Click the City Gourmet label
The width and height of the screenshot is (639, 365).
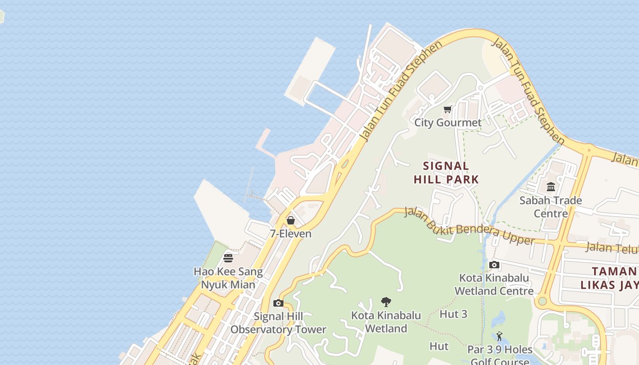tap(448, 123)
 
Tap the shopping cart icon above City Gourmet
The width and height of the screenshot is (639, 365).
tap(448, 109)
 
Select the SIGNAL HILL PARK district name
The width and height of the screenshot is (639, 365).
tap(446, 172)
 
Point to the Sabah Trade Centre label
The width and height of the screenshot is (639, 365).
tap(550, 207)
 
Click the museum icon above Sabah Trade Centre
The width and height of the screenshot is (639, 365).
tap(551, 187)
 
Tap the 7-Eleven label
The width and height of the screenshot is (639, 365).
tap(290, 234)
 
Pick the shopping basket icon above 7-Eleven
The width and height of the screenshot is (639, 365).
tap(290, 221)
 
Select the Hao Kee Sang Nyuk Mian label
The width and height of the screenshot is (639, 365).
tap(228, 278)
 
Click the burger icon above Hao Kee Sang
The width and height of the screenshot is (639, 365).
tap(228, 258)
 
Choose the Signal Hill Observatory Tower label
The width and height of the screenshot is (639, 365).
tap(278, 323)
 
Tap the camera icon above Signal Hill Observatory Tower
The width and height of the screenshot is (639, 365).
tap(278, 303)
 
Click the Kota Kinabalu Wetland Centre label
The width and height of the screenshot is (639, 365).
tap(494, 284)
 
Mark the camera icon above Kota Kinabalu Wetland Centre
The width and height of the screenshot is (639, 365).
tap(494, 265)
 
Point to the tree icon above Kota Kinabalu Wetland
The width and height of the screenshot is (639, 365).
tap(386, 302)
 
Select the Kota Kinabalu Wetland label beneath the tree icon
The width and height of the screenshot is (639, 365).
tap(386, 322)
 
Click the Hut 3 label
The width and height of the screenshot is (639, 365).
tap(453, 314)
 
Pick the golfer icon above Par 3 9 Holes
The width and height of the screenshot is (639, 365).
tap(499, 337)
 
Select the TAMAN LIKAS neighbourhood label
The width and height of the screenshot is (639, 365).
tap(609, 278)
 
